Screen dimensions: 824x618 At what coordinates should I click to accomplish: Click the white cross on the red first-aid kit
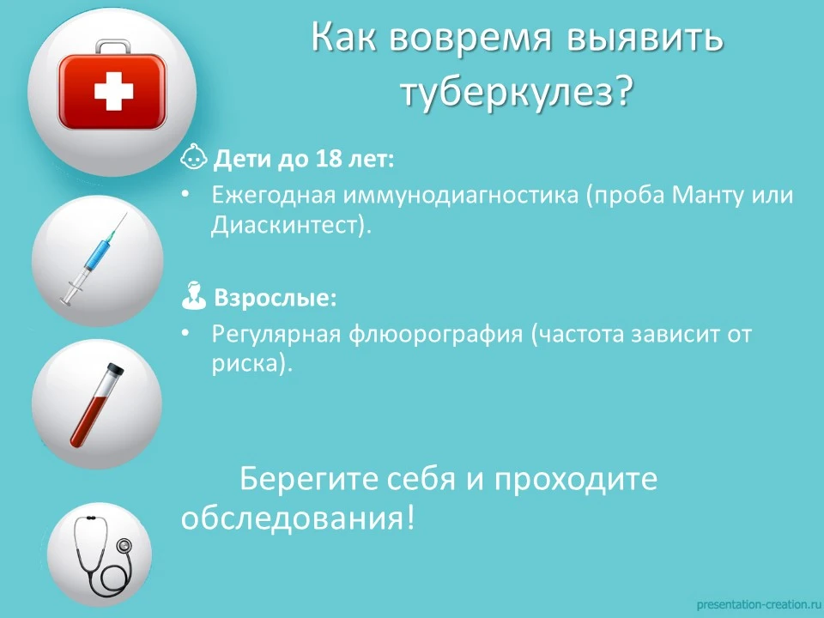pyautogui.click(x=113, y=92)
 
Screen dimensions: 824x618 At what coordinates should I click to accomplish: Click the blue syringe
pyautogui.click(x=94, y=258)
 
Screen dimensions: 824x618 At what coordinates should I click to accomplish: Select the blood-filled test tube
pyautogui.click(x=97, y=404)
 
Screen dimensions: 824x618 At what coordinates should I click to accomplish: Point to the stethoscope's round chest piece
pyautogui.click(x=124, y=546)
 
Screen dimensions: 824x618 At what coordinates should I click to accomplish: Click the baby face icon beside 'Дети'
pyautogui.click(x=194, y=156)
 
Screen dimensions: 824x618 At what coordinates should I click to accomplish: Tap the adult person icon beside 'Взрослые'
pyautogui.click(x=193, y=295)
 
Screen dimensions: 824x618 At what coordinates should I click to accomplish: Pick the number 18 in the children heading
pyautogui.click(x=329, y=159)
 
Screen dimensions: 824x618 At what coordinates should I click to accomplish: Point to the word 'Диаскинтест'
pyautogui.click(x=284, y=226)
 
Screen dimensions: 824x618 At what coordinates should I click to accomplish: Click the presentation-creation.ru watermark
pyautogui.click(x=758, y=605)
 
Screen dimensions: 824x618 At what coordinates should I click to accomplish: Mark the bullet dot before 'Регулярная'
pyautogui.click(x=185, y=333)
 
